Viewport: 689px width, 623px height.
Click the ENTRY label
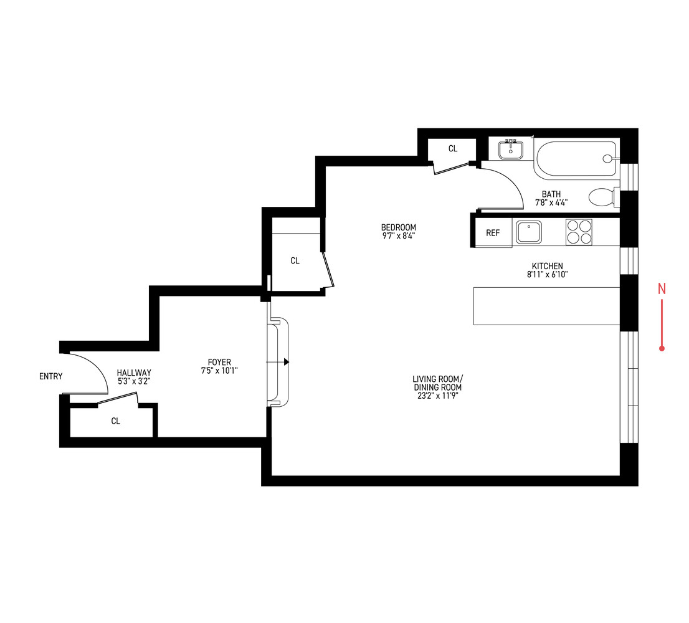[x=50, y=376]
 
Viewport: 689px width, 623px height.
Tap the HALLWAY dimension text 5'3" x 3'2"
[x=134, y=381]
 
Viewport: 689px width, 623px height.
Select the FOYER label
[x=219, y=362]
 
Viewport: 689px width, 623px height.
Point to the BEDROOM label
[x=399, y=227]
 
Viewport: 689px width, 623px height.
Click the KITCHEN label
[x=547, y=266]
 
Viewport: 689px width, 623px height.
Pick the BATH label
[x=551, y=194]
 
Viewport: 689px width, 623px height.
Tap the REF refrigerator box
[x=493, y=233]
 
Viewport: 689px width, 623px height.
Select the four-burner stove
[x=579, y=232]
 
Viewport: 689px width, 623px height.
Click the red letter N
[x=662, y=288]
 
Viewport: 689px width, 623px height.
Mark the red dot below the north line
[x=662, y=348]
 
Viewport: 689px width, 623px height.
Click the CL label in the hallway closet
[x=115, y=421]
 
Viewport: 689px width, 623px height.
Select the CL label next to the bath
[x=453, y=149]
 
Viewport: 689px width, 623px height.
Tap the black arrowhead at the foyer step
[x=287, y=362]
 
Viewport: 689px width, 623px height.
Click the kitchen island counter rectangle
[x=546, y=306]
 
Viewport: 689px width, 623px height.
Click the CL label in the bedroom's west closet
[x=295, y=261]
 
